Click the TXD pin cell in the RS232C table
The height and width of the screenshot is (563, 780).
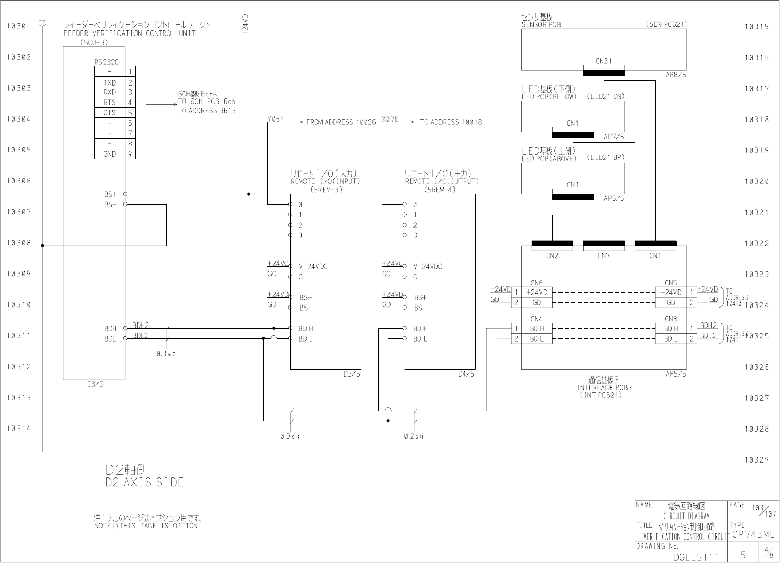click(x=110, y=82)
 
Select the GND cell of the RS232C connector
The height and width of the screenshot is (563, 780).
click(x=110, y=154)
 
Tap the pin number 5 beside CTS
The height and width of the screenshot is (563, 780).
click(x=130, y=113)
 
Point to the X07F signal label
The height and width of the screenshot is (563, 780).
click(x=390, y=120)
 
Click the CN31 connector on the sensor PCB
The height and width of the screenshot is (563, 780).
click(x=603, y=61)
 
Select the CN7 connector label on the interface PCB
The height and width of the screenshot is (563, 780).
click(x=603, y=255)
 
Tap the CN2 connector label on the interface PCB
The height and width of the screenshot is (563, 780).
click(x=552, y=255)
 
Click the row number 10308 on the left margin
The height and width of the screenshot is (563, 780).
click(x=19, y=243)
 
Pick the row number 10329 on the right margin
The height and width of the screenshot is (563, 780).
click(x=756, y=460)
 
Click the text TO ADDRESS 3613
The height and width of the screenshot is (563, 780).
click(x=207, y=111)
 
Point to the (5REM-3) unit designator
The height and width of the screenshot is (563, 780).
click(x=326, y=189)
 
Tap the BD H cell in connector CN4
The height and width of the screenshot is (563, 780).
click(x=537, y=329)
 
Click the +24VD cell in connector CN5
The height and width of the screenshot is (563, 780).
click(x=671, y=292)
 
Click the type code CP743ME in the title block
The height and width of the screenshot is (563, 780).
click(x=753, y=534)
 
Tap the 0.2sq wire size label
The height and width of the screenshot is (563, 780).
click(x=414, y=436)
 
